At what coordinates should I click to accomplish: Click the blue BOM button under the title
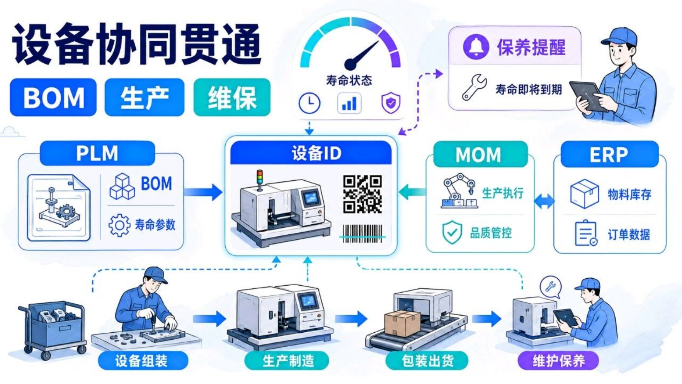[53, 97]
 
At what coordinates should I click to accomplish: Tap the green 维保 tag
[232, 97]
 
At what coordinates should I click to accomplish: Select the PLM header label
[97, 153]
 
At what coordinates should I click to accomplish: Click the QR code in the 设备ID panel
[362, 194]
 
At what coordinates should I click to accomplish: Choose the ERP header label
[609, 154]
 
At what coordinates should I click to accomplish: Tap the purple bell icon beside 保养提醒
[476, 47]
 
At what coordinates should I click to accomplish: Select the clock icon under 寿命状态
[310, 103]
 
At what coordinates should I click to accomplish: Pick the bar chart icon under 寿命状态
[349, 103]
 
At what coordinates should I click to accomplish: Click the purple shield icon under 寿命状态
[391, 103]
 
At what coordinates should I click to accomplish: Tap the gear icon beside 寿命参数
[119, 225]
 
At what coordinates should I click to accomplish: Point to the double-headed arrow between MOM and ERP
[544, 201]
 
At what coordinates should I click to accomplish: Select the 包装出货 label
[427, 361]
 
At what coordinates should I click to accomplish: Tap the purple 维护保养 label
[558, 361]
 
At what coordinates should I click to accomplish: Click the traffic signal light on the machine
[260, 180]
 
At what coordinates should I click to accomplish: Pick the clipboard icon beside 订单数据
[586, 233]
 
